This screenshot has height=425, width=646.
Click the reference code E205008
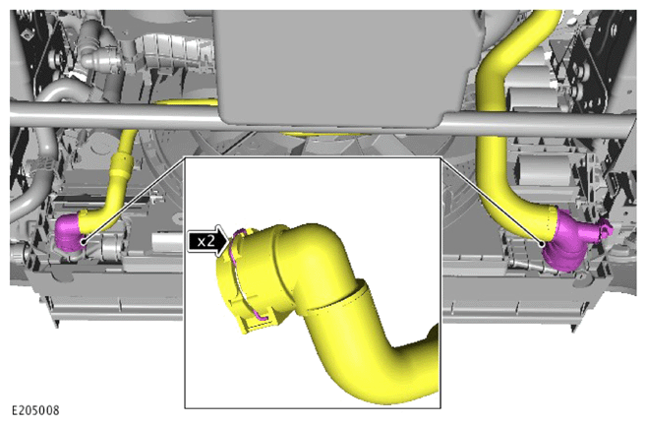[x=35, y=410]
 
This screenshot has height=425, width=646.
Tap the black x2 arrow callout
[x=208, y=241]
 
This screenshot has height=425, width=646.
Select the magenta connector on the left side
[x=69, y=232]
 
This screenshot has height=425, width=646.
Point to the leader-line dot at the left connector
[x=84, y=242]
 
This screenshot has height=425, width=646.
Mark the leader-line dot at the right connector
[x=543, y=244]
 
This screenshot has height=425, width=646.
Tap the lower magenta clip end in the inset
[x=263, y=317]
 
